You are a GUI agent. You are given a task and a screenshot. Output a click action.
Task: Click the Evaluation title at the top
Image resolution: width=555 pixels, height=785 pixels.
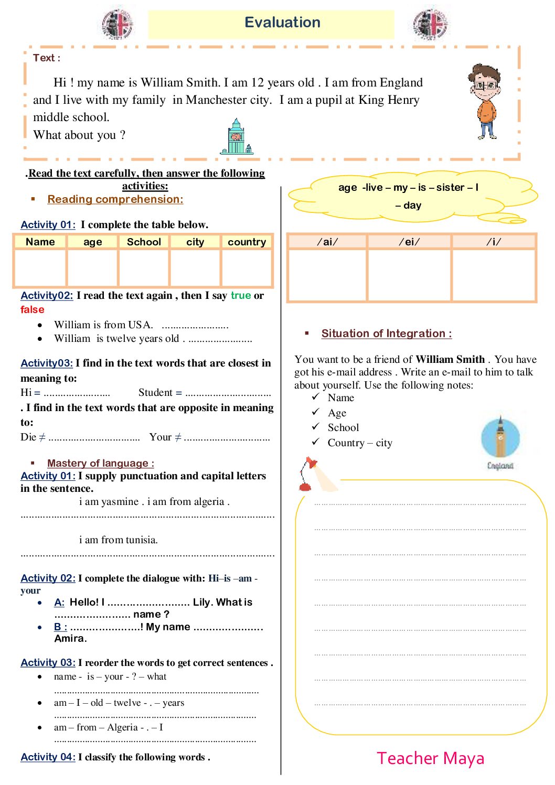coord(282,23)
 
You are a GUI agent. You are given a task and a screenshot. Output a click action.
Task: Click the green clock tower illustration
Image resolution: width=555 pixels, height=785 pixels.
coord(237,137)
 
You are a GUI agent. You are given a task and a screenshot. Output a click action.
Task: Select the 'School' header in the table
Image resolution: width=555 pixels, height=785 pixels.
coord(144,242)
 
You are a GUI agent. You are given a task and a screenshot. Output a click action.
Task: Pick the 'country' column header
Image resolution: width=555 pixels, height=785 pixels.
coord(247,242)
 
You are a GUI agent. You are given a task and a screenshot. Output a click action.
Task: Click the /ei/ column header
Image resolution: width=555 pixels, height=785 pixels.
coord(409,242)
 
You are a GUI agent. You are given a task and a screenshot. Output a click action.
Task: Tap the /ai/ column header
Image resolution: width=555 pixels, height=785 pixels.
coord(327,242)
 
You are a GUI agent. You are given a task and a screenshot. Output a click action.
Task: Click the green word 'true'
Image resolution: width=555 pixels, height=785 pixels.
coord(241,295)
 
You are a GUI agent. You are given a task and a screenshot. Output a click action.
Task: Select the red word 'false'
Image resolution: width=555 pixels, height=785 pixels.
coord(33,309)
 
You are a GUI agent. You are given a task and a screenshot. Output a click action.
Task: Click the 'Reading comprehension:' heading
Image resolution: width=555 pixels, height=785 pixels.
coord(115,199)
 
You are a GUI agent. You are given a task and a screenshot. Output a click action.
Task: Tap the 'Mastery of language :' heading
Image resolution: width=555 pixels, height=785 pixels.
coord(101,463)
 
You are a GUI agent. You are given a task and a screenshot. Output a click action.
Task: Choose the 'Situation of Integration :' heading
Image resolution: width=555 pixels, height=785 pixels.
coord(387,334)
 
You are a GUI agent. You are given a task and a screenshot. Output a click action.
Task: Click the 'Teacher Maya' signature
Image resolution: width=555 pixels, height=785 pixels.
coord(431,758)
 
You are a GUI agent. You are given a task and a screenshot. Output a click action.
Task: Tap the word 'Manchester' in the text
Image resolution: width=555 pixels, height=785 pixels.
coord(216,100)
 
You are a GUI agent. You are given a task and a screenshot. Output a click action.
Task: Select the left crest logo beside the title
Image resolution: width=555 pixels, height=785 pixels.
coord(118,24)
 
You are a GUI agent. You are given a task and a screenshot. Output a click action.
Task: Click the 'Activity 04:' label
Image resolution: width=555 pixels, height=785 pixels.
coord(48,757)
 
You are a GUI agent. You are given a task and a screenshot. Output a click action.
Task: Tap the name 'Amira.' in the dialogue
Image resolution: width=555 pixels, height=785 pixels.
coord(70,638)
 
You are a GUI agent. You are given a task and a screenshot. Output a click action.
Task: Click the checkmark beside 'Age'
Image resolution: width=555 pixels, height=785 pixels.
coord(315,412)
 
